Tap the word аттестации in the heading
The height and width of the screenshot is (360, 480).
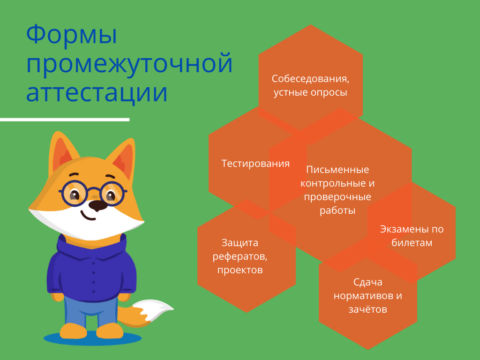coord(97,92)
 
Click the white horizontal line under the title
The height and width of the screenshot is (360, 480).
coord(65,120)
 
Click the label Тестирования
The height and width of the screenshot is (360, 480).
coord(255,164)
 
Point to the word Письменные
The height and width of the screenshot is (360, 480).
coord(337,170)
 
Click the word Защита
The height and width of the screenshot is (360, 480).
coord(240,243)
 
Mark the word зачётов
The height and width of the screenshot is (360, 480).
coord(367,309)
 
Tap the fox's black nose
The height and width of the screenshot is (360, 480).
coord(97,205)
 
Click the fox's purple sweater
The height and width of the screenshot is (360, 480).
coord(91,270)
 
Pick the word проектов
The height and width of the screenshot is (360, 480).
coord(240,270)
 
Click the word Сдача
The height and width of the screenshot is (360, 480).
coord(367,282)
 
